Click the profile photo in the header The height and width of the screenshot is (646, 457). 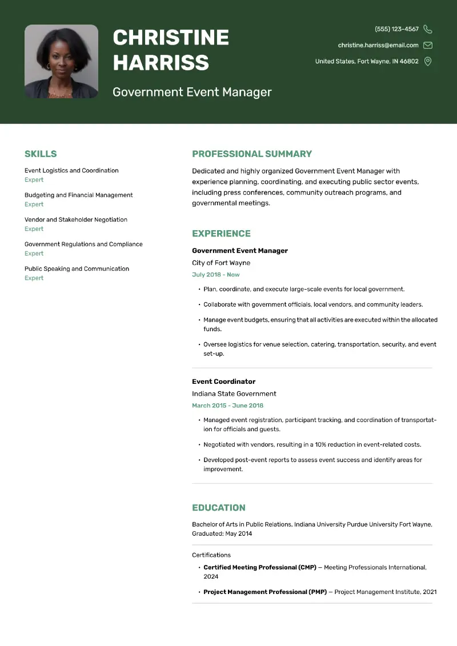click(x=61, y=61)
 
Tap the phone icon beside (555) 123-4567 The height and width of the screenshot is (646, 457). click(x=428, y=29)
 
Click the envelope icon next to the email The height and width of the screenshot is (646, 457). click(x=428, y=45)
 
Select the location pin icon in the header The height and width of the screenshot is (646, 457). click(x=428, y=61)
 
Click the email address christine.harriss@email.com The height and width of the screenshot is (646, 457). click(x=378, y=45)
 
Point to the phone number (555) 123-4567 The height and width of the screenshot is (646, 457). click(x=396, y=29)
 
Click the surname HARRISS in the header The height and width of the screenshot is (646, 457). click(x=161, y=62)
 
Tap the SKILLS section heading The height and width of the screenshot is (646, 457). click(x=41, y=154)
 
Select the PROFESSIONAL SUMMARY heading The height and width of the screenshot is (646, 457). click(x=252, y=154)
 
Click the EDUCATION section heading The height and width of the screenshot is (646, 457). click(x=219, y=508)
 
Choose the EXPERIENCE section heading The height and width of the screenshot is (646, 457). click(x=221, y=234)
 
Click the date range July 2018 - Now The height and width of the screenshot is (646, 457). click(x=216, y=275)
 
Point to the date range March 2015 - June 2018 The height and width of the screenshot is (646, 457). click(x=227, y=406)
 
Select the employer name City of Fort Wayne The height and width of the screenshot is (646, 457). click(x=221, y=263)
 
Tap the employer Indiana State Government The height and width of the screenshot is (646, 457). click(x=234, y=394)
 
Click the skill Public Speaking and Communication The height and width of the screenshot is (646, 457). click(x=77, y=268)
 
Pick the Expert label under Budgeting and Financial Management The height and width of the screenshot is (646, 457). click(x=34, y=204)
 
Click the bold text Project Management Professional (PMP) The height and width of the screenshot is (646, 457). click(x=265, y=592)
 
